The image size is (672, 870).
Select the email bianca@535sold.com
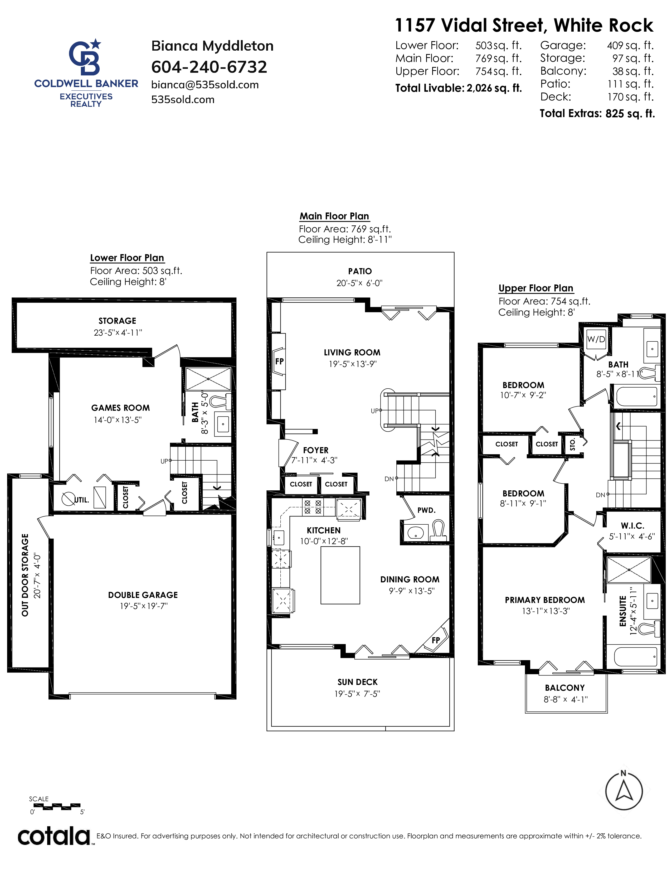point(205,85)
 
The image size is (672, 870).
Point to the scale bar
point(57,806)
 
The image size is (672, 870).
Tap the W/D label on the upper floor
point(596,339)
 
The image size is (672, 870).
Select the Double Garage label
point(143,595)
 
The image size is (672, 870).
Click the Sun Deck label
point(358,682)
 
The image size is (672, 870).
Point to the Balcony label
point(565,688)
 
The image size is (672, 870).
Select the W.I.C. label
point(632,526)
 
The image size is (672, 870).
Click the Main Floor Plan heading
point(334,216)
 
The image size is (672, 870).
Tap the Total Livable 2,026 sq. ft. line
point(458,88)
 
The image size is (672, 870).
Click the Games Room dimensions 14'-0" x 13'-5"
point(118,420)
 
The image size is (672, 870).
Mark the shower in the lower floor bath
point(208,379)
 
